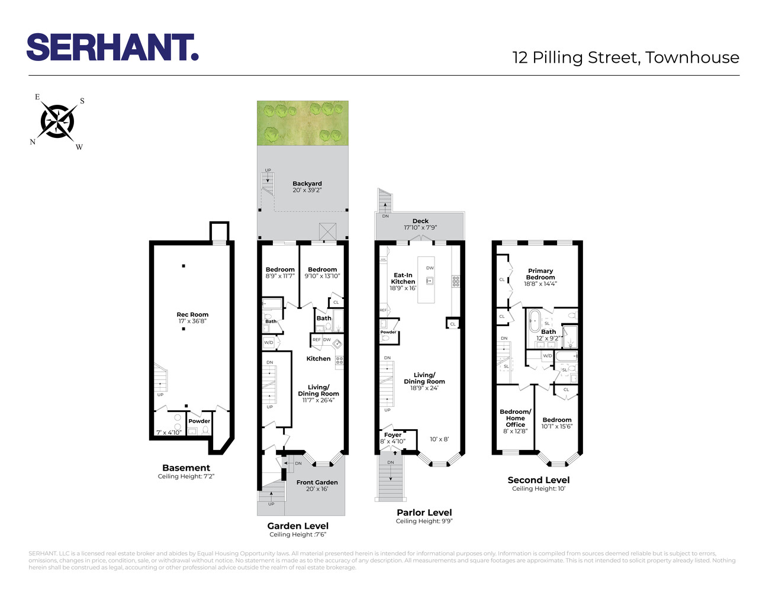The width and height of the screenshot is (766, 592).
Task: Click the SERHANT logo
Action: [112, 47]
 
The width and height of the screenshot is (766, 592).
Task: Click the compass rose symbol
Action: [57, 122]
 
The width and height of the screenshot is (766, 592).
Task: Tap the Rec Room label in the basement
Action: [192, 315]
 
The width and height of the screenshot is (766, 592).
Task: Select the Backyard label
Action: [307, 184]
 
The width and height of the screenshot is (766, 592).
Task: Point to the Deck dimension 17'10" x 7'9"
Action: [420, 227]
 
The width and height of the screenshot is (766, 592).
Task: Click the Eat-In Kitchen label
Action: [403, 278]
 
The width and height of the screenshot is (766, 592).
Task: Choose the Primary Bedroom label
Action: [540, 274]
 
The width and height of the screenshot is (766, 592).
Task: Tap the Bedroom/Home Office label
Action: [516, 418]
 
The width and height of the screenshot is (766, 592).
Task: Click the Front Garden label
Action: [317, 482]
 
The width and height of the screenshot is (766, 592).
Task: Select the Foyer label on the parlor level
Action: [393, 435]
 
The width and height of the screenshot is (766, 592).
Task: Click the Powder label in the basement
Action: [199, 422]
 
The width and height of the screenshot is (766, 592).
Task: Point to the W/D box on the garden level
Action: [269, 343]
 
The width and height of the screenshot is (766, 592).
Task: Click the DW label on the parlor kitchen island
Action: [430, 268]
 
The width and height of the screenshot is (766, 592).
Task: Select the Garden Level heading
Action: [298, 526]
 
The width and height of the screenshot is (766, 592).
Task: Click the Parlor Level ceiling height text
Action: [424, 522]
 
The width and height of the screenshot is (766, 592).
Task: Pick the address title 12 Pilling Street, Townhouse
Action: [626, 57]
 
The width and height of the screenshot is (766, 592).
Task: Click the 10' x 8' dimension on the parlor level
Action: [439, 439]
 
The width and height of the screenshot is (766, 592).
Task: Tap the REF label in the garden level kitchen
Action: [316, 340]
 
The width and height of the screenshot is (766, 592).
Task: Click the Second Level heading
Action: [539, 480]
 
